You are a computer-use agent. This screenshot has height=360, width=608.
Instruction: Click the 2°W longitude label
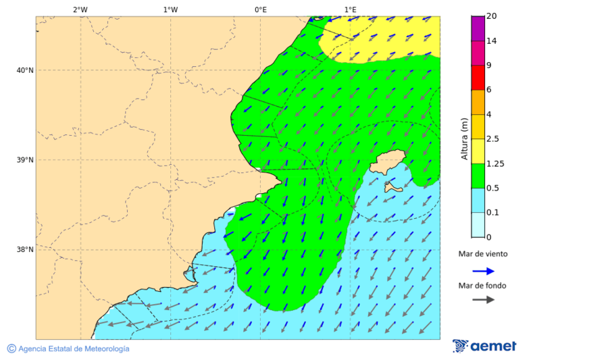(80, 9)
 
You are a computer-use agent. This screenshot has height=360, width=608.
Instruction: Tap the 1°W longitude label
(170, 9)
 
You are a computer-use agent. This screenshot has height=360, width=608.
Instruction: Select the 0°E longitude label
(260, 9)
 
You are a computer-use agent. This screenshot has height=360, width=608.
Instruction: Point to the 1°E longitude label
(350, 9)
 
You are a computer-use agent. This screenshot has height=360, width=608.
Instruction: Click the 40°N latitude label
(25, 70)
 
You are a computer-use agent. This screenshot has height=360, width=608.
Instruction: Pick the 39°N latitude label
(25, 160)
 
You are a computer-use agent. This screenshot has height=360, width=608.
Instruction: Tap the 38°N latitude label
(25, 250)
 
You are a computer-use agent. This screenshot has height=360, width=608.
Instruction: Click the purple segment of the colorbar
(478, 28)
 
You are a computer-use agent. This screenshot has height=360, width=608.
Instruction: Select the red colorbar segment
(478, 78)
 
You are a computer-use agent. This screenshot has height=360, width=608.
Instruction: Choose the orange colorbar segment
(478, 102)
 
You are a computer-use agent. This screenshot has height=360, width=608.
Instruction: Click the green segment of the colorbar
(478, 176)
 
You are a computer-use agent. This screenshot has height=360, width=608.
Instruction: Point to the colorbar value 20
(491, 16)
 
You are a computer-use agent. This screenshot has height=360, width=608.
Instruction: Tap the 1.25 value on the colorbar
(496, 163)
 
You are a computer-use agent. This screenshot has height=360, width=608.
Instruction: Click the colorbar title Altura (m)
(464, 138)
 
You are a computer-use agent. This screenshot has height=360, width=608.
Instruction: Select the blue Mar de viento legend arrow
(483, 271)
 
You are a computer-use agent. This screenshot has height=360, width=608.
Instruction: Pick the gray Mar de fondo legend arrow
(483, 300)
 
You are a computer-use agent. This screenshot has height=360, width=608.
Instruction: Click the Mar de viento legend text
(482, 255)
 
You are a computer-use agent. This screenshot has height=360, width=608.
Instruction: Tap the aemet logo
(484, 346)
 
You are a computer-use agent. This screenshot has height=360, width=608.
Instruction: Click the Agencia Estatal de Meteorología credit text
(73, 349)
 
